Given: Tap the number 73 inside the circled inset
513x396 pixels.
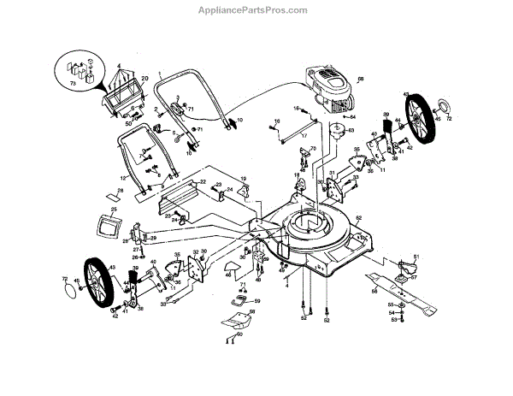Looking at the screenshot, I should click(73, 83).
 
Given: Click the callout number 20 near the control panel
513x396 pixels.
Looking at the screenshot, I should click(144, 78).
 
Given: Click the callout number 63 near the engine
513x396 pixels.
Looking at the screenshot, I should click(351, 132).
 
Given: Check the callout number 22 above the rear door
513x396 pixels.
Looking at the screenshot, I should click(202, 181).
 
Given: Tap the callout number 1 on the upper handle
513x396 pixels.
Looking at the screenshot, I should click(156, 75).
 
